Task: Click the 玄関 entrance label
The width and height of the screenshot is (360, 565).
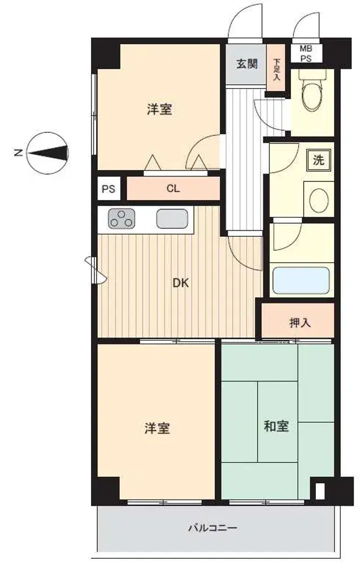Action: coord(247,64)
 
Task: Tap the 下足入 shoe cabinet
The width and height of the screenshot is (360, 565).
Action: coord(276,67)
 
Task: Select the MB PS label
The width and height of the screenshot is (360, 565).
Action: coord(306,53)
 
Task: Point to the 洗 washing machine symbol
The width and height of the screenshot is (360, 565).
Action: coord(318,160)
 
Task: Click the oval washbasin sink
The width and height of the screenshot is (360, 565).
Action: coord(319,199)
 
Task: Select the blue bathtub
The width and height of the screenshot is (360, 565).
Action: coord(301,280)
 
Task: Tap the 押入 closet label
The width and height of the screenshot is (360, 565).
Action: coord(300,323)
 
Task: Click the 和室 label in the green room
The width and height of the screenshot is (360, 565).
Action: coord(276,426)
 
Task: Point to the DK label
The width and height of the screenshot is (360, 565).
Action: coord(180,283)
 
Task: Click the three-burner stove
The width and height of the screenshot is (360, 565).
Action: coord(122,218)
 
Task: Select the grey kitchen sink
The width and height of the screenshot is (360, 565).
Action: coord(172,219)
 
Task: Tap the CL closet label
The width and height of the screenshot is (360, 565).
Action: coord(173,189)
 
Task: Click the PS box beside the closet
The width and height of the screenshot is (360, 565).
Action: coord(109,189)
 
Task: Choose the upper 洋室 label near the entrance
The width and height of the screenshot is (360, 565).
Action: coord(159,109)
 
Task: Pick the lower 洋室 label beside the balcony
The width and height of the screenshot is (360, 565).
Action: coord(157,428)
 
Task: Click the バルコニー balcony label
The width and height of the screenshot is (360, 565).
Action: coord(213,528)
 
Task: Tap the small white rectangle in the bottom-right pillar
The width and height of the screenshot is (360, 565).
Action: coord(319,491)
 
